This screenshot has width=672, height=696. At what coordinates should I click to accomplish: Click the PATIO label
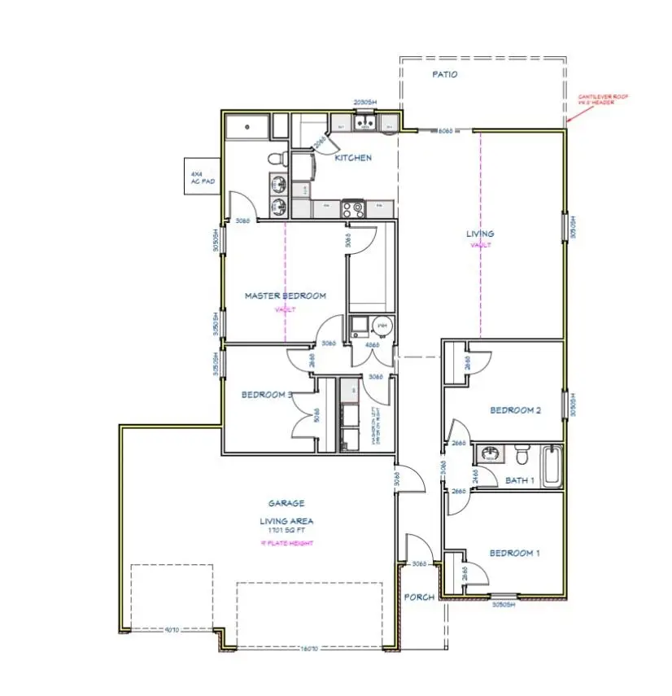tap(444, 74)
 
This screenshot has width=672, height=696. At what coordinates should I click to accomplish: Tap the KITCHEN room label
tap(353, 158)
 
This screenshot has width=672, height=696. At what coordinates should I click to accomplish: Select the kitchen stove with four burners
tap(354, 208)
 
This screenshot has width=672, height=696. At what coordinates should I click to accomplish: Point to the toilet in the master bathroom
tap(277, 158)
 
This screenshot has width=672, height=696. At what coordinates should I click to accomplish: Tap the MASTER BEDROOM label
tap(285, 295)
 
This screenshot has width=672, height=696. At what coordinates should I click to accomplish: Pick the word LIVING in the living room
tap(480, 234)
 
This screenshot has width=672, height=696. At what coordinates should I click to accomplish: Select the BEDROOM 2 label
tap(515, 410)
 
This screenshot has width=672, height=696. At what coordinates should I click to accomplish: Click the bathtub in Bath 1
tap(553, 466)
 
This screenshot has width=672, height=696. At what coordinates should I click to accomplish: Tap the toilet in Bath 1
tap(523, 453)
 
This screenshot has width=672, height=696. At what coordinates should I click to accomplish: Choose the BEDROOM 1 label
tap(514, 554)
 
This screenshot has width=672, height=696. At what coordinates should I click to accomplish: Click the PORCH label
tap(419, 598)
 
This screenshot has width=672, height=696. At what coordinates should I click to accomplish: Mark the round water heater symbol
tap(382, 326)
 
